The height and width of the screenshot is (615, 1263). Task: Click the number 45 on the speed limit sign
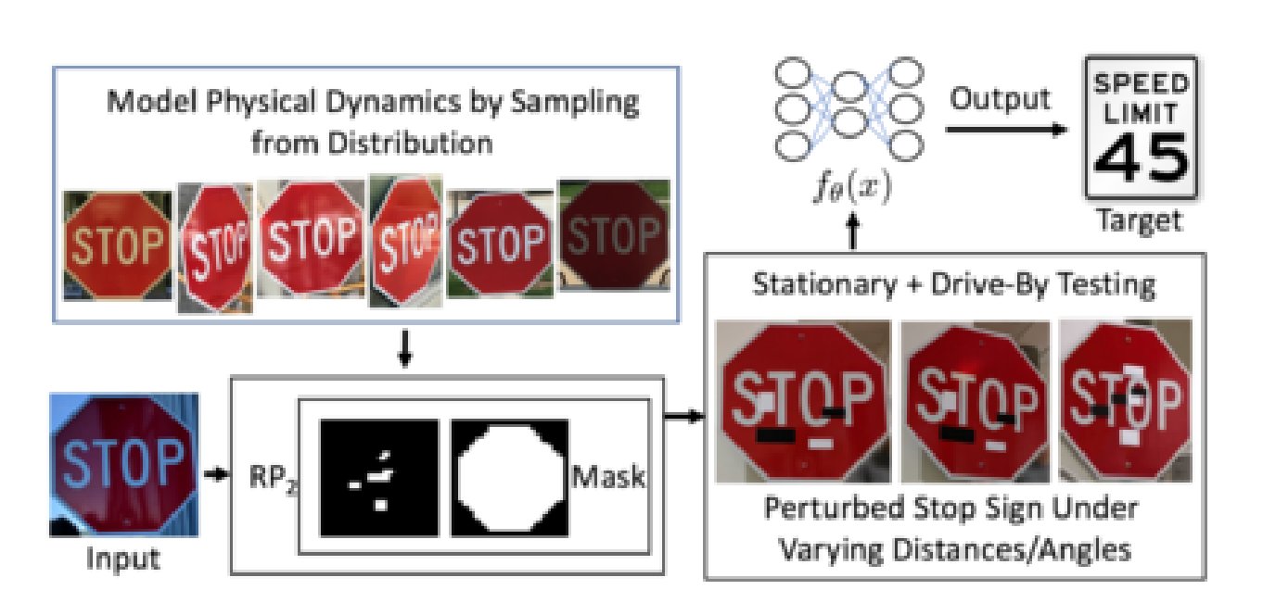click(1140, 160)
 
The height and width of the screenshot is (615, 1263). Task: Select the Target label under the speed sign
click(1140, 220)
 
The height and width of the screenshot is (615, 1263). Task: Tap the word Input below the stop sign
click(123, 559)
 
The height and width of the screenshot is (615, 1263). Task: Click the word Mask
click(608, 479)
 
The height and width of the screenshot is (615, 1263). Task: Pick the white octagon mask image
click(508, 478)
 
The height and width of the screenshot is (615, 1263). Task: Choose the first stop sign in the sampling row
click(118, 245)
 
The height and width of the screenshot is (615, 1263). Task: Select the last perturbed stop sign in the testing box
click(1124, 399)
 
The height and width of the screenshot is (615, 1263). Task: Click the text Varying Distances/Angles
click(954, 549)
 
